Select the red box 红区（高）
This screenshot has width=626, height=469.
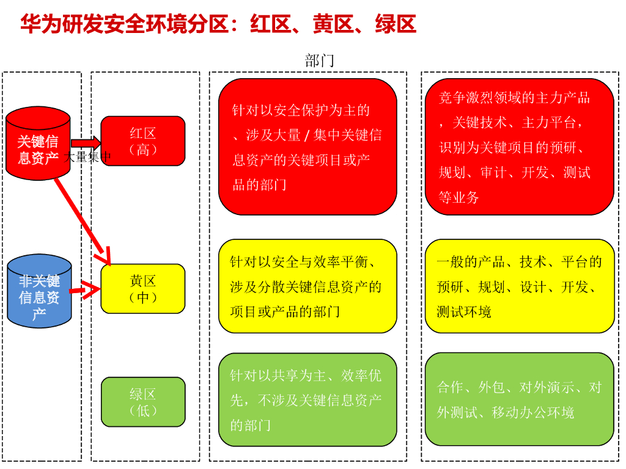[x=143, y=141]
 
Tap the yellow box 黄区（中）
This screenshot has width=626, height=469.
[x=143, y=289]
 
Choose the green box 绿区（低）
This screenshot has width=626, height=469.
[x=143, y=402]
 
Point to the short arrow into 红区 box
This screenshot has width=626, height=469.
[x=86, y=143]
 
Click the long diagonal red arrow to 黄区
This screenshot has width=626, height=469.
[x=83, y=220]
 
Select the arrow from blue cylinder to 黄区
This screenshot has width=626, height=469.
[x=86, y=290]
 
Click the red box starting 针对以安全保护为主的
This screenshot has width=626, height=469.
[x=307, y=147]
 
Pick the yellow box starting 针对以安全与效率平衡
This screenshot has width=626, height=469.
[x=307, y=286]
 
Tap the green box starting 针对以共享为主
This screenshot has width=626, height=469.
[x=307, y=399]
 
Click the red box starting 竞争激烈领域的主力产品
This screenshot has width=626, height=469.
[x=519, y=147]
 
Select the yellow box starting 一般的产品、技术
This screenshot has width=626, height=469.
[x=519, y=286]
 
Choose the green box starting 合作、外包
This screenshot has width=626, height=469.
[x=519, y=399]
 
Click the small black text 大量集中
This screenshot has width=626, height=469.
[x=89, y=157]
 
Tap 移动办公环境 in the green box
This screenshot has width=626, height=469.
[x=533, y=413]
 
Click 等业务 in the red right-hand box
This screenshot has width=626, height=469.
[x=459, y=198]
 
